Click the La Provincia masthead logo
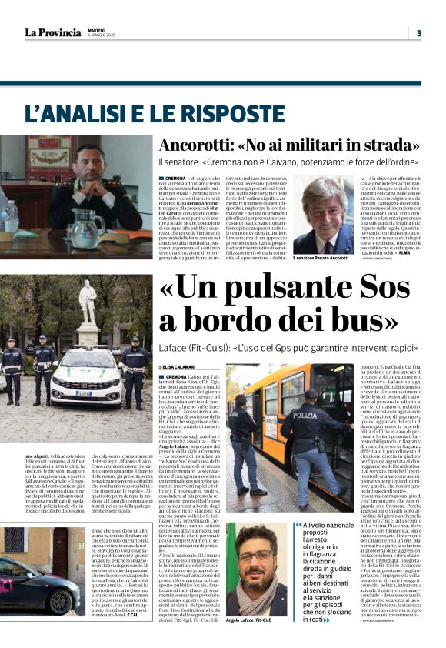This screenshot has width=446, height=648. point(52,32)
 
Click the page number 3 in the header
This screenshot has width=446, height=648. point(418,33)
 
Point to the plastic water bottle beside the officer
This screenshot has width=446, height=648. point(12,218)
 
